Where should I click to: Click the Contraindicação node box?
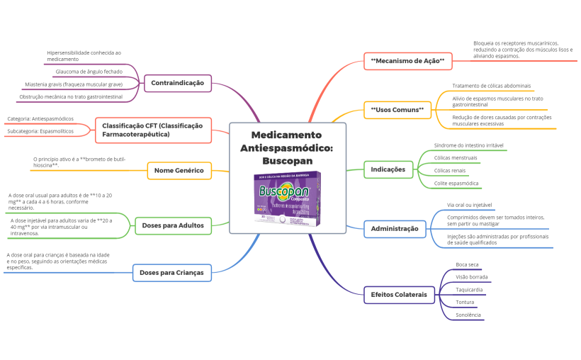177,83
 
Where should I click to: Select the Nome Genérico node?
179,170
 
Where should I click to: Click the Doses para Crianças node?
171,272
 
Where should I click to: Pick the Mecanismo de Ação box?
407,62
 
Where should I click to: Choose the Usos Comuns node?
397,110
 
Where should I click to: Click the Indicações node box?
388,169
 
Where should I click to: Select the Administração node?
395,228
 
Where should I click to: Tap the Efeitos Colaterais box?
399,294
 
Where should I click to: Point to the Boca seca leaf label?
467,264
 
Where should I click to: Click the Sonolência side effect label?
468,315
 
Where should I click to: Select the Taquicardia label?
469,289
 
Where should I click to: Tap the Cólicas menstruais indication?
456,157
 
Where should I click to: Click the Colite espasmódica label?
456,183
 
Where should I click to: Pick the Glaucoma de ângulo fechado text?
89,72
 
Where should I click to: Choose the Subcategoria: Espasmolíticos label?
40,131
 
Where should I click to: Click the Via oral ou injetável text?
469,205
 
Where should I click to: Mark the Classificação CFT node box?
152,130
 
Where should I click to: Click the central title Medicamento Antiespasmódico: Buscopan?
286,147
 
